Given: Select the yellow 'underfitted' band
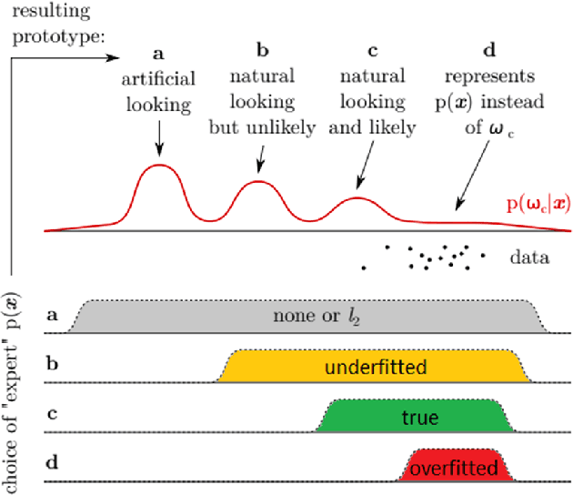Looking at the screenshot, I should coord(373,367).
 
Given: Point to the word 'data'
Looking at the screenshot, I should coord(529,258).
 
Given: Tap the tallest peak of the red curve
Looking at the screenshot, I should coord(160,165).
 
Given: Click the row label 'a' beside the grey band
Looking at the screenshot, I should coord(53,316).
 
